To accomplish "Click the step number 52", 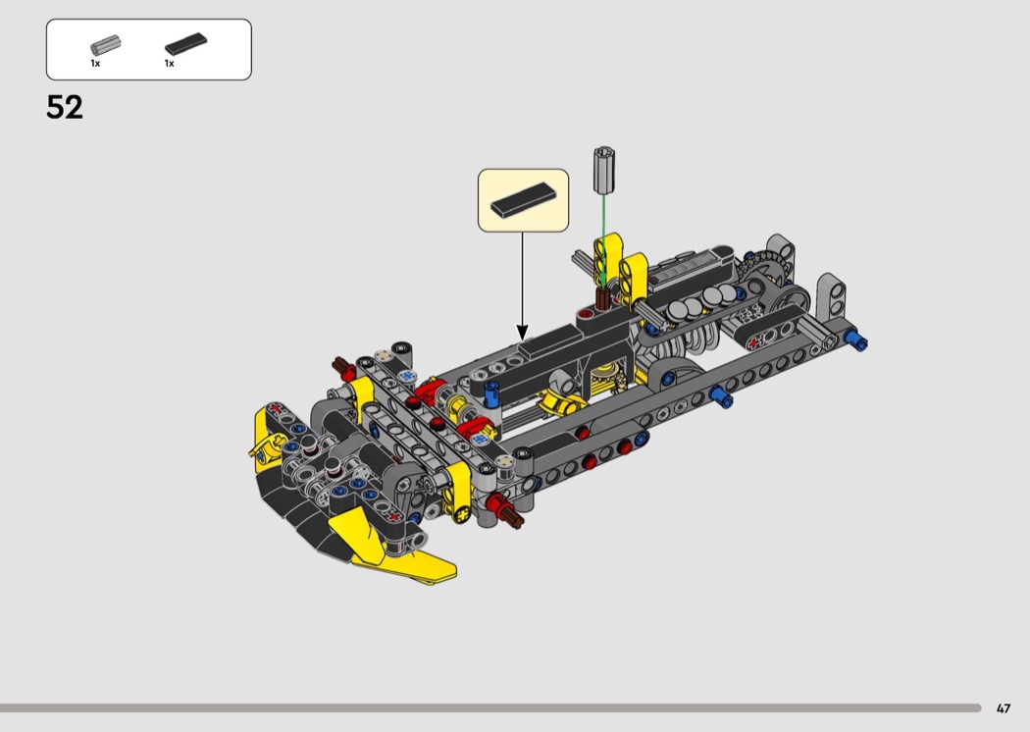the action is tap(65, 107).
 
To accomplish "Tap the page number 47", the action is tap(1004, 708).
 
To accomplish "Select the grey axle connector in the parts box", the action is tap(105, 45).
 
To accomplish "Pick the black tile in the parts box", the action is tap(186, 44).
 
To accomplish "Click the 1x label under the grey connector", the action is tap(95, 63).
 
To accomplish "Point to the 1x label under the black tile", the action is tap(170, 63).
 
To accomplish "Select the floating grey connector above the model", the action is tap(604, 171).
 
